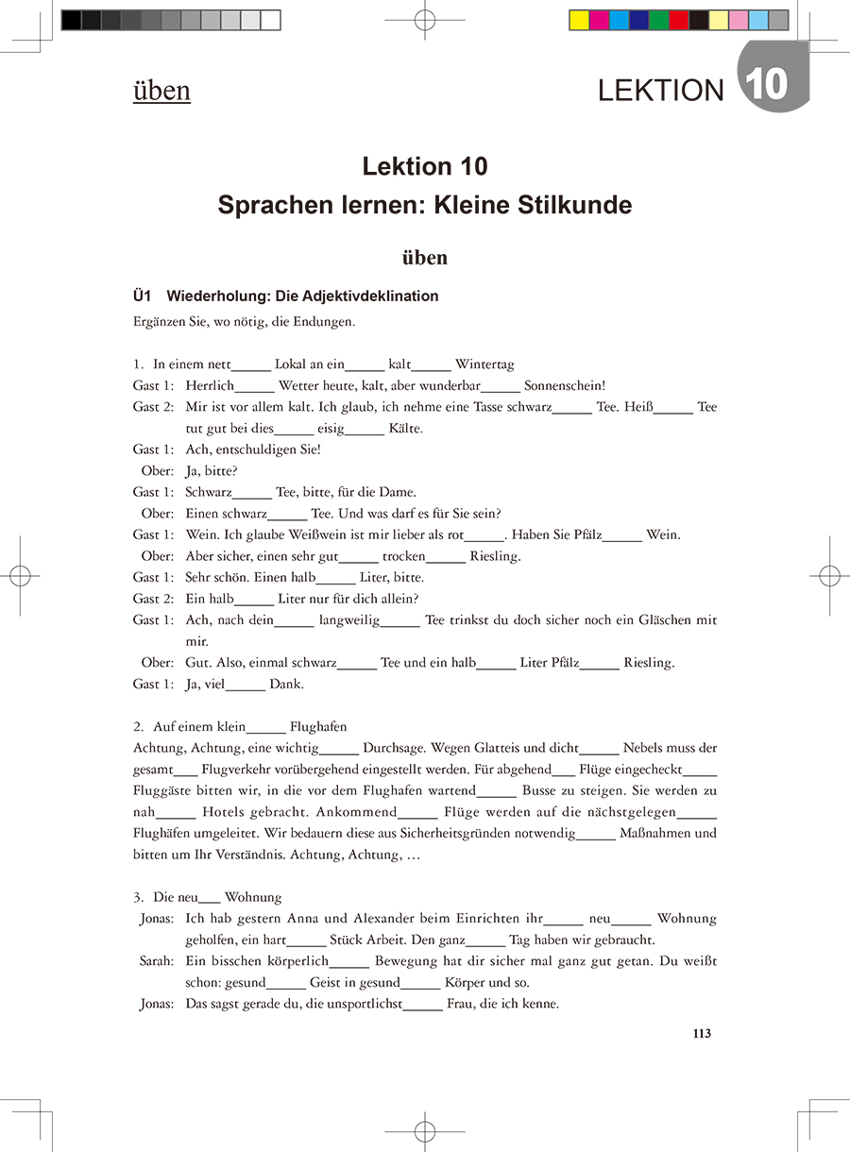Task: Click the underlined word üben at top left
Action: click(x=161, y=91)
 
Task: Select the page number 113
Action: click(x=701, y=1033)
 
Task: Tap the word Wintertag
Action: click(x=484, y=364)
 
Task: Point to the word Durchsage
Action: click(x=394, y=748)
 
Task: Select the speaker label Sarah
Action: click(x=155, y=960)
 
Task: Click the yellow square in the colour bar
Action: click(x=579, y=21)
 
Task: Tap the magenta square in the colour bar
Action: click(x=599, y=21)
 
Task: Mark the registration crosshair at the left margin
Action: click(x=20, y=576)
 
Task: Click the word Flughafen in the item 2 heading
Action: click(x=318, y=727)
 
